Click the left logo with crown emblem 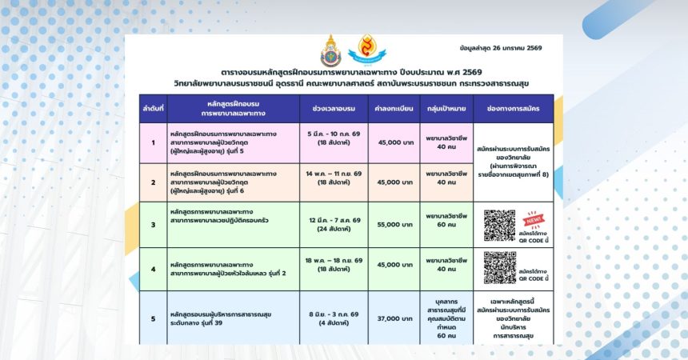[x=330, y=50]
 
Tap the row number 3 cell [x=152, y=225]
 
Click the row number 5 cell [x=152, y=318]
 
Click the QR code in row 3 [x=499, y=225]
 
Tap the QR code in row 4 [x=499, y=266]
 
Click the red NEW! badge [x=532, y=218]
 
